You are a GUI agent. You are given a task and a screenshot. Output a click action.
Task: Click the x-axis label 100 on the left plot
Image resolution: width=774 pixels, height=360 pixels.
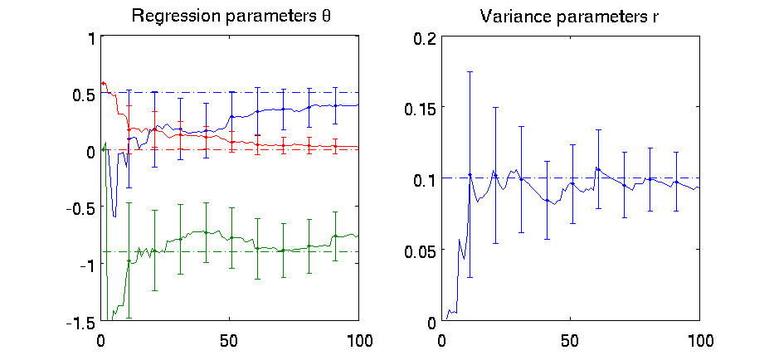tap(358, 340)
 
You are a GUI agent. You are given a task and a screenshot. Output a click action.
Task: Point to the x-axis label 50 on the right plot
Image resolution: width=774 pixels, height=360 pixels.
tap(570, 340)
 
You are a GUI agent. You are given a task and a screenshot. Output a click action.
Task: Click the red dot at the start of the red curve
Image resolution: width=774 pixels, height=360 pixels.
tap(103, 84)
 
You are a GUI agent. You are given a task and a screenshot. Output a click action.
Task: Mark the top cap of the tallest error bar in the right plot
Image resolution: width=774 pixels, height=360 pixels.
tap(470, 72)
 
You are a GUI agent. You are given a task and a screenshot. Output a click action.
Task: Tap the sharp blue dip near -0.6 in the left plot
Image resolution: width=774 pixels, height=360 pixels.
tap(114, 216)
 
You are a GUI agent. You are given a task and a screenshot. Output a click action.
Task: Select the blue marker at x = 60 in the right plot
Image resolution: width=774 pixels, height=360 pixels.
tap(597, 168)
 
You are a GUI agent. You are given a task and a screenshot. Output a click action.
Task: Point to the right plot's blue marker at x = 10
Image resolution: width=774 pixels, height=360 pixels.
tap(470, 175)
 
